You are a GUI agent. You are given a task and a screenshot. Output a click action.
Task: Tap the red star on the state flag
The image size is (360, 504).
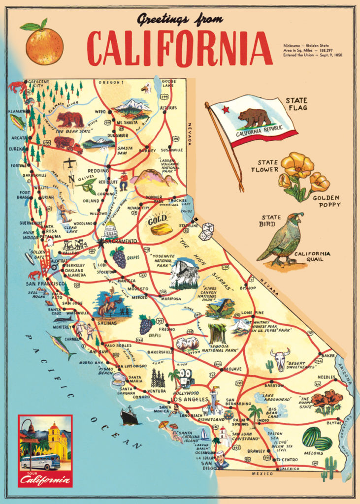[x=226, y=109]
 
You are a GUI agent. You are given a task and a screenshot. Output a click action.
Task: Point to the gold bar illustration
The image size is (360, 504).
[x=162, y=229]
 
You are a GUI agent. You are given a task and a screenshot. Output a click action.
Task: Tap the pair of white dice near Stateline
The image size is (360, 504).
[x=206, y=231]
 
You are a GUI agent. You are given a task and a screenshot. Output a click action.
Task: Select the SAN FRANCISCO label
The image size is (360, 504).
[x=45, y=284]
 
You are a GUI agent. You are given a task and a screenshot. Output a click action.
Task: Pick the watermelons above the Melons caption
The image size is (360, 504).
[x=317, y=438]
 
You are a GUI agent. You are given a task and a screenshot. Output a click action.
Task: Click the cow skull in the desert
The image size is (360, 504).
[x=280, y=359]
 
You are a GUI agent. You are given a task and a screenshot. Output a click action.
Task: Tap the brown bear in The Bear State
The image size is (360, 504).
[x=70, y=119]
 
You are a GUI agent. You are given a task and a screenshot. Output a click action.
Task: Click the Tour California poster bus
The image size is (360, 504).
[x=40, y=462]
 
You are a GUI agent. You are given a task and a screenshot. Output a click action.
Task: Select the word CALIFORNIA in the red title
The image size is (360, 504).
[x=180, y=48]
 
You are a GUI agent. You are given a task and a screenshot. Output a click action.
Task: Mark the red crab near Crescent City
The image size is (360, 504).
[x=18, y=87]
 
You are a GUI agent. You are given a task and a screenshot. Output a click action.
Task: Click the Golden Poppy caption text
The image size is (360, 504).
[x=327, y=201]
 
